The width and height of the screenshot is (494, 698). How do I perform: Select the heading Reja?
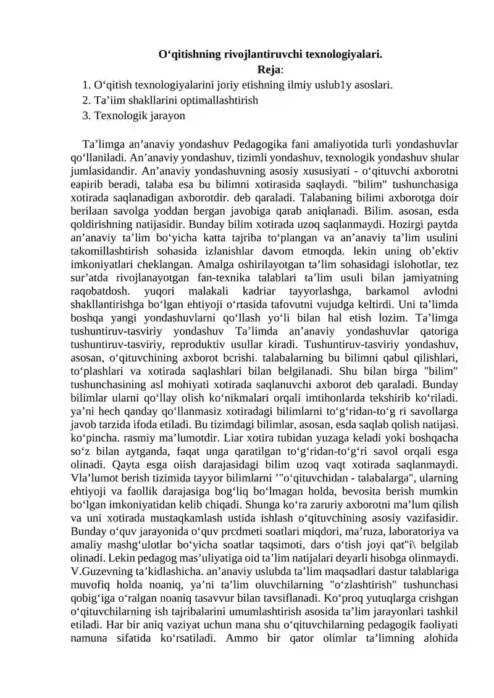coord(269,69)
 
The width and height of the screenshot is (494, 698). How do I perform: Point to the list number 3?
coord(85,115)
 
